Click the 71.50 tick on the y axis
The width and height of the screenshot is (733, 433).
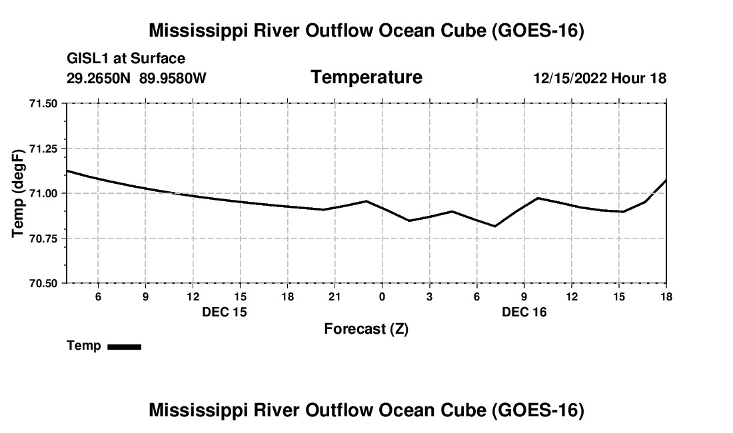click(43, 104)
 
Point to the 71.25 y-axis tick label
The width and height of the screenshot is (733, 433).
click(43, 149)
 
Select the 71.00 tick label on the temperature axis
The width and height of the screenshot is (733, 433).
click(43, 193)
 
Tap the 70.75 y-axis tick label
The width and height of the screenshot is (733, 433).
click(43, 238)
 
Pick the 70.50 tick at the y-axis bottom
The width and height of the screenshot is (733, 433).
click(43, 283)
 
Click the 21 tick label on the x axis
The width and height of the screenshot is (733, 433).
click(335, 296)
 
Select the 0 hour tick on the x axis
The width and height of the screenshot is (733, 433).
click(382, 296)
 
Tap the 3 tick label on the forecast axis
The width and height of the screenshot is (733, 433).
click(429, 296)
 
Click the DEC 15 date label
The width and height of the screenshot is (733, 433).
click(225, 312)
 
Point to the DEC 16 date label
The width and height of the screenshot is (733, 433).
click(524, 312)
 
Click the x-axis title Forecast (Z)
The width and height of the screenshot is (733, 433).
click(366, 329)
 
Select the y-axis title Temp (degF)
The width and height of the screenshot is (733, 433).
click(18, 193)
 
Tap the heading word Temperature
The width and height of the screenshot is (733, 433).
click(366, 77)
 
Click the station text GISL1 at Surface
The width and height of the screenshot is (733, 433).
click(126, 59)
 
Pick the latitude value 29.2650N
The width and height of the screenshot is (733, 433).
click(99, 78)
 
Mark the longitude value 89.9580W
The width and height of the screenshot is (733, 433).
click(173, 78)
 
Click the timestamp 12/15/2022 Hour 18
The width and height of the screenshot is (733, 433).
click(600, 78)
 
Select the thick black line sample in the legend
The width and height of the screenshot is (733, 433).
click(125, 346)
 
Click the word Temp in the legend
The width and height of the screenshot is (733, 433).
click(84, 346)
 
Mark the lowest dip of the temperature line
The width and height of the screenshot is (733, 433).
click(494, 226)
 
